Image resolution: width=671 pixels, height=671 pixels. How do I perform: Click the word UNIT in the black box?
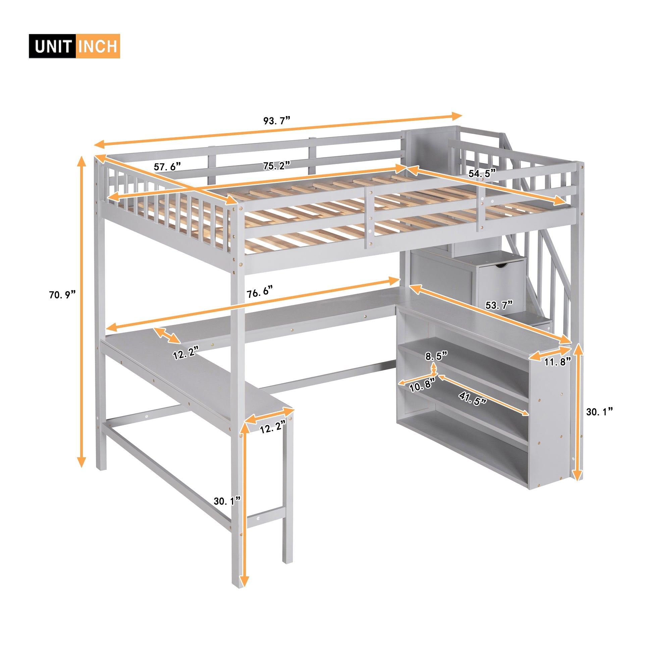tap(52, 47)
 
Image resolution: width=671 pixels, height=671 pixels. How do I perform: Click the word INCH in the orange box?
tap(98, 47)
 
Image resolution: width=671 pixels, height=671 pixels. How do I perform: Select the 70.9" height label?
tap(62, 295)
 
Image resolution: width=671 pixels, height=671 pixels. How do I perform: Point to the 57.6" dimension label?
tap(167, 166)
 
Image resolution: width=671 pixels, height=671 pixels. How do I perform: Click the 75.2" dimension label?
tap(276, 166)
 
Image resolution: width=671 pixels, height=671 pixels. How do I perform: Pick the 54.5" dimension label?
tap(482, 173)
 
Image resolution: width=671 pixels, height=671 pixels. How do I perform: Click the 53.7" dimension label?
tap(499, 305)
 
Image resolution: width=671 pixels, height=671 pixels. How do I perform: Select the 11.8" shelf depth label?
tap(557, 362)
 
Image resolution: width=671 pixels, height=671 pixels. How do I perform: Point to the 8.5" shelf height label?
tap(436, 356)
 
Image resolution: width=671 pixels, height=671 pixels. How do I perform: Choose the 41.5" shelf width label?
tap(472, 399)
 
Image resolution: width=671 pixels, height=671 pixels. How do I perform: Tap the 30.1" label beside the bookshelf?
tap(599, 412)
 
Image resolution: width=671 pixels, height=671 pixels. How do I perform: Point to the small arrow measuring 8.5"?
tap(434, 368)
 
